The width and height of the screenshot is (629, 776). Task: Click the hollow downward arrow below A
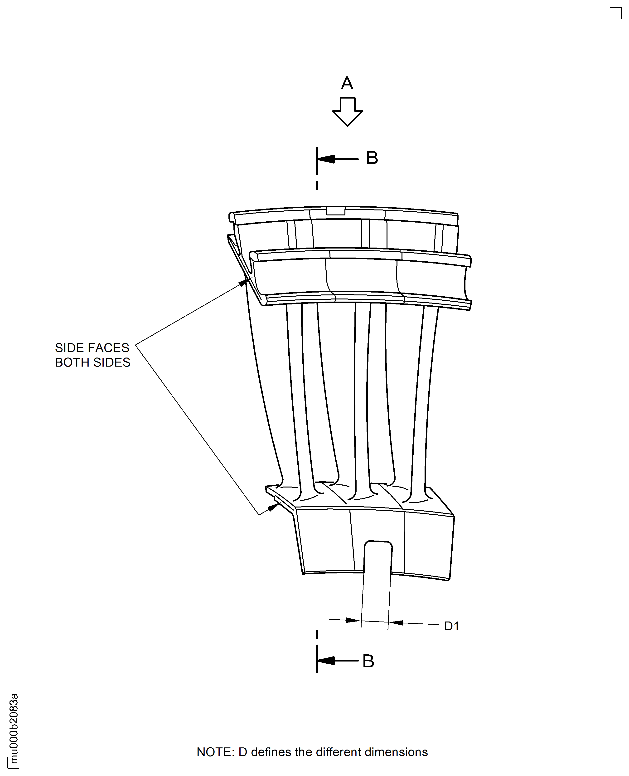click(x=348, y=112)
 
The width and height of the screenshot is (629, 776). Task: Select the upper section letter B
click(x=372, y=158)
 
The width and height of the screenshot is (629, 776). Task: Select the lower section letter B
click(x=368, y=661)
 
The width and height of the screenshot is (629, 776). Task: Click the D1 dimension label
click(x=451, y=626)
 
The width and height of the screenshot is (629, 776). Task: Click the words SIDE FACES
click(x=92, y=348)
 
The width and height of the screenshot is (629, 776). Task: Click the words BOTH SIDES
click(x=92, y=362)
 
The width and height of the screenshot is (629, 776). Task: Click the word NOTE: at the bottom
click(x=216, y=752)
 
